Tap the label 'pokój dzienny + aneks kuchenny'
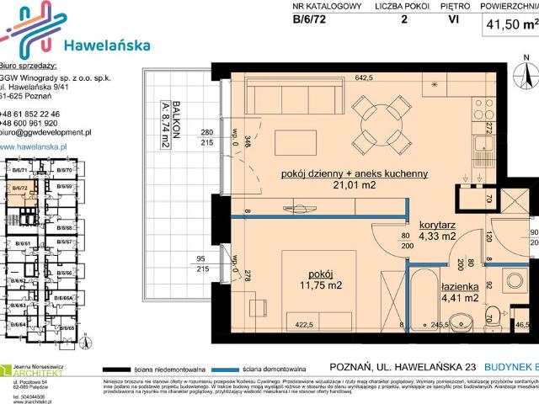pos(355,173)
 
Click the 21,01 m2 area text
pos(355,186)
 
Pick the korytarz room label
pos(437,226)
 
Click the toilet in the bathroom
pos(461,319)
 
